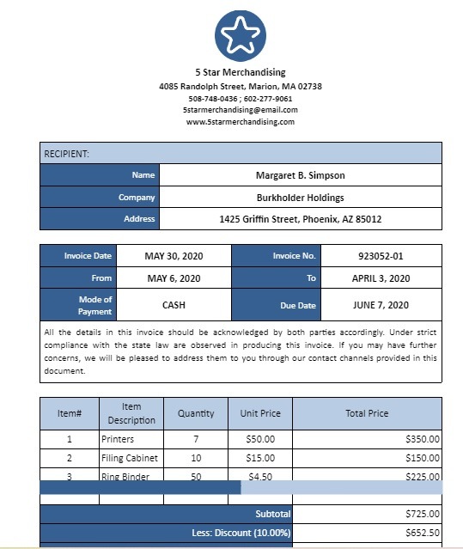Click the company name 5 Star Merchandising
point(240,72)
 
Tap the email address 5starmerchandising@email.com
point(240,110)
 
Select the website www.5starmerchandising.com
point(240,122)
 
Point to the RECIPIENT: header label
point(66,154)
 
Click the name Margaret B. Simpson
point(300,175)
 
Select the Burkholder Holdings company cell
point(300,197)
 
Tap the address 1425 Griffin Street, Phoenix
point(300,219)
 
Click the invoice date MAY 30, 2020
point(174,256)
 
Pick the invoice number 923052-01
point(380,256)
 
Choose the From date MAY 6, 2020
point(174,278)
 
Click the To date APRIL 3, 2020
point(380,278)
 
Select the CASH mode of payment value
point(174,305)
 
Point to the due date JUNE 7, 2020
point(380,305)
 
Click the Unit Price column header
point(260,413)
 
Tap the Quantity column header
point(196,413)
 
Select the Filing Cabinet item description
point(130,458)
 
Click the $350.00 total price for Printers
point(422,438)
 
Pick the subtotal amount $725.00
point(422,514)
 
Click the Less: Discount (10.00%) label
point(241,533)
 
